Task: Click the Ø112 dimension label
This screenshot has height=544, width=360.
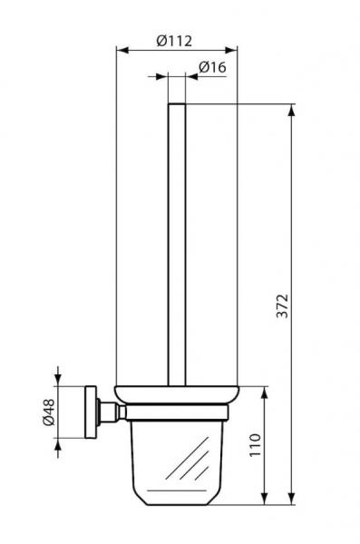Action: coord(177,40)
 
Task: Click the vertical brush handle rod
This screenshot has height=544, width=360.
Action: coord(177,245)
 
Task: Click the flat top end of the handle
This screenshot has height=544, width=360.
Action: coord(177,105)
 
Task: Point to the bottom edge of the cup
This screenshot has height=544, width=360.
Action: coord(177,500)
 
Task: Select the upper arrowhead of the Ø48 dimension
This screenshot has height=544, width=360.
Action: coord(60,383)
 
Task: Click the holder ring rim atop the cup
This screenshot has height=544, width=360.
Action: coord(177,395)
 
